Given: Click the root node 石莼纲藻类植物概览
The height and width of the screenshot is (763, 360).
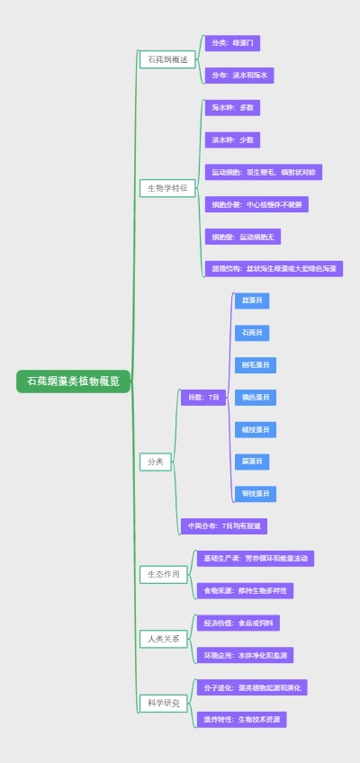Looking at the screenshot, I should pyautogui.click(x=73, y=381).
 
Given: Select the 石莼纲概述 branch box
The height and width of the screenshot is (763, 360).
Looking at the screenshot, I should pyautogui.click(x=167, y=59).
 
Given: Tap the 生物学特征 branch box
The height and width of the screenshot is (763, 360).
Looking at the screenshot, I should pyautogui.click(x=167, y=188).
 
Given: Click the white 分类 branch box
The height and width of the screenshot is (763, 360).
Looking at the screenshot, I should pyautogui.click(x=155, y=462).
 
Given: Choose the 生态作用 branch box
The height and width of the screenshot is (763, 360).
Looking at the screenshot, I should pyautogui.click(x=164, y=573).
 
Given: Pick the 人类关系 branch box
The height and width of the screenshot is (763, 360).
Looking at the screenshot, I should pyautogui.click(x=164, y=639).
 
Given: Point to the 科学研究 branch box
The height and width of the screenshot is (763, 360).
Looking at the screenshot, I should pyautogui.click(x=164, y=703).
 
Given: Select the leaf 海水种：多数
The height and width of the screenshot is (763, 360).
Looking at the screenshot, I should pyautogui.click(x=233, y=108).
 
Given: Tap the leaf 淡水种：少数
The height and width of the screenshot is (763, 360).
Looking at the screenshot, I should pyautogui.click(x=233, y=140).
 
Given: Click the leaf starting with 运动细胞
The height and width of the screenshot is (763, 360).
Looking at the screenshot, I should pyautogui.click(x=263, y=172).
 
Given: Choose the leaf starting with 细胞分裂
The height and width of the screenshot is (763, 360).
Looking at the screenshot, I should pyautogui.click(x=256, y=204).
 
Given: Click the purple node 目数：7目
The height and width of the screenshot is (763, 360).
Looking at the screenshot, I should pyautogui.click(x=203, y=397).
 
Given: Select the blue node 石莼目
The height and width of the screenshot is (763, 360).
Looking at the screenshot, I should pyautogui.click(x=252, y=333).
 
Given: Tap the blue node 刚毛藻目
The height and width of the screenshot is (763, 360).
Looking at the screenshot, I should pyautogui.click(x=256, y=365).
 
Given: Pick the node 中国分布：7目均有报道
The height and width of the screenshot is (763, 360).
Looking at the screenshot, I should pyautogui.click(x=224, y=526).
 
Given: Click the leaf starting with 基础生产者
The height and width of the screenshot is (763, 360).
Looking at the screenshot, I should pyautogui.click(x=256, y=559).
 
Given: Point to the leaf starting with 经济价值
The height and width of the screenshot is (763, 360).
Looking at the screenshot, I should pyautogui.click(x=238, y=623).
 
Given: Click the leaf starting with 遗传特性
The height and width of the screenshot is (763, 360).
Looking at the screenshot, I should pyautogui.click(x=242, y=720).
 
